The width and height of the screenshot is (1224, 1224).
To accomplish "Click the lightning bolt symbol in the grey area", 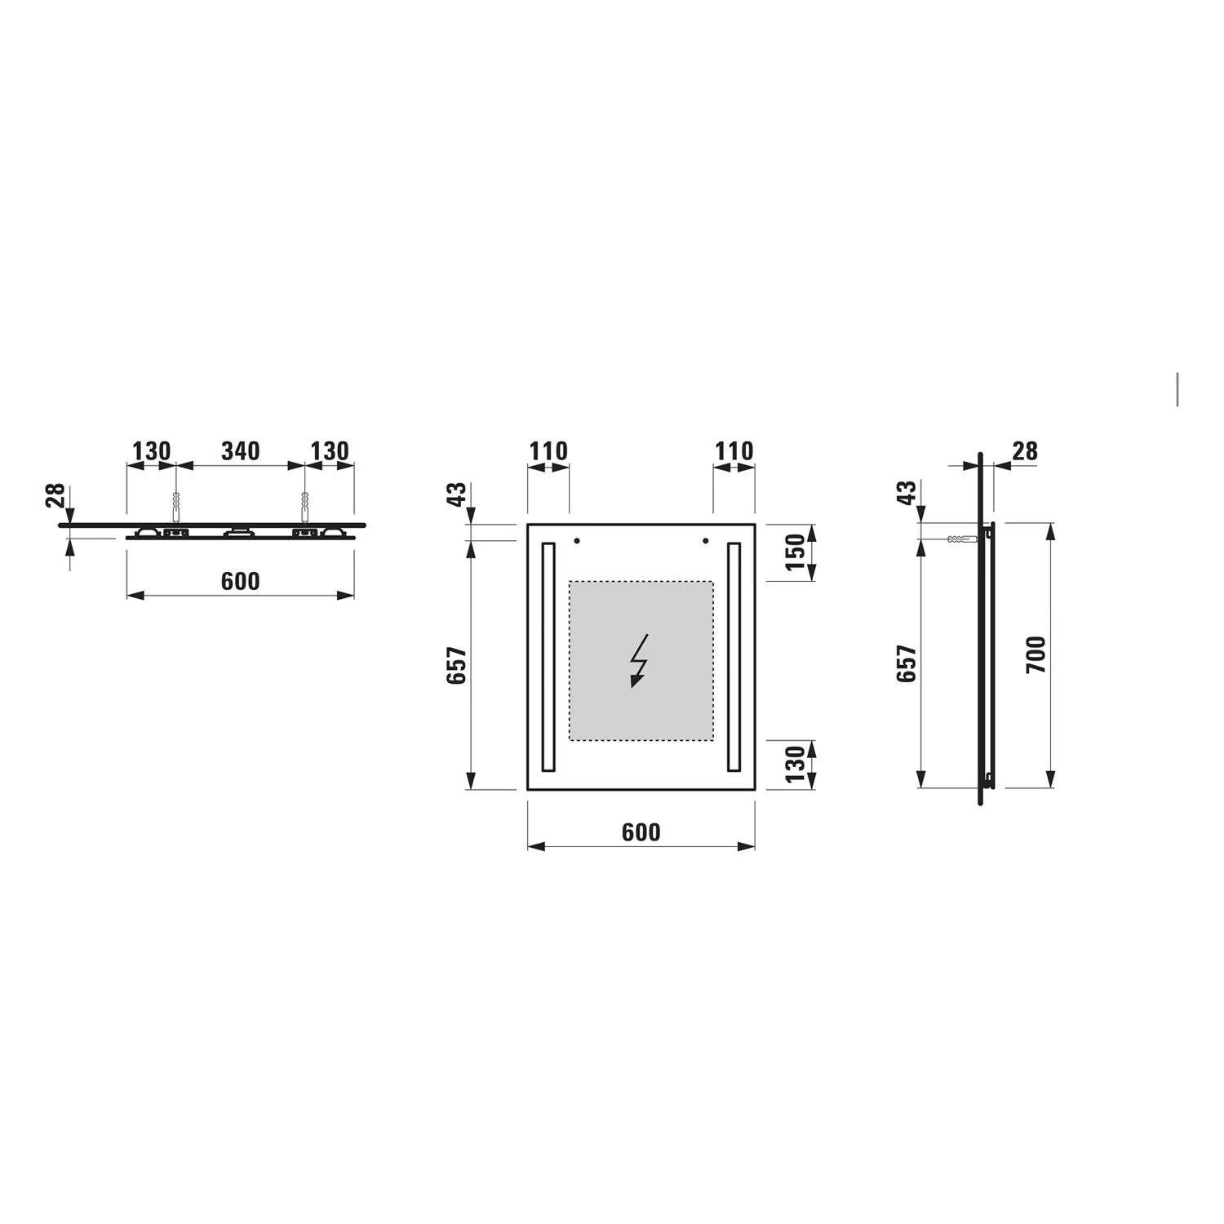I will [639, 661].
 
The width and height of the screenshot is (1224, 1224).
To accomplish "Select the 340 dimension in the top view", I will [241, 451].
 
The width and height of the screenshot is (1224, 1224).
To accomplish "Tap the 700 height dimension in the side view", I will [1036, 654].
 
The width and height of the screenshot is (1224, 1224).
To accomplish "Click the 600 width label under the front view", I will [641, 832].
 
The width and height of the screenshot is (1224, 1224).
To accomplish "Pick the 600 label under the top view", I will [240, 581].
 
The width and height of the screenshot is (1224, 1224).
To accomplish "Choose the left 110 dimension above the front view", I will [548, 451].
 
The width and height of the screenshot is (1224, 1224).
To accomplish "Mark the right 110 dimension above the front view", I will [734, 451].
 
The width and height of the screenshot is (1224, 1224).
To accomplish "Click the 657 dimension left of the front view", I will [456, 665].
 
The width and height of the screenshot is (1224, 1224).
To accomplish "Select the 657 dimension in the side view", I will [907, 664].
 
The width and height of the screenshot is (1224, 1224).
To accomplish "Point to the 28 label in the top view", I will [55, 495].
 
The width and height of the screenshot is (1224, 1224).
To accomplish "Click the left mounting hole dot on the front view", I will [577, 541].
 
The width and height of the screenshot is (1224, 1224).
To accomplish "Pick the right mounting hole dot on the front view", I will [705, 541].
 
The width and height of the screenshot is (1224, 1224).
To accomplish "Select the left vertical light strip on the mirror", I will [548, 657].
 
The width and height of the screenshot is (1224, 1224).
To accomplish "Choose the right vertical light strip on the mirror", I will [734, 657].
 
